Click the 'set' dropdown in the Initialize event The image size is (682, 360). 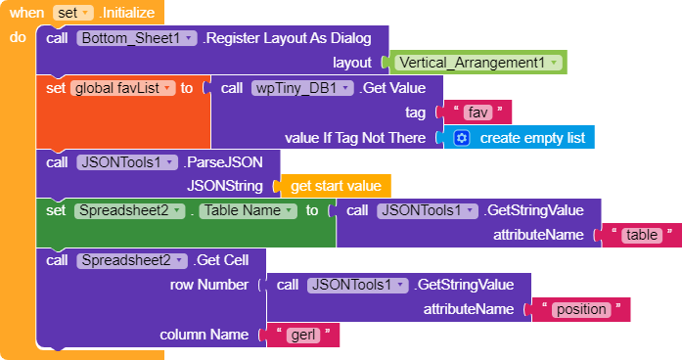click(x=72, y=13)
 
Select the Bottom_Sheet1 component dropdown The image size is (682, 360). click(x=137, y=38)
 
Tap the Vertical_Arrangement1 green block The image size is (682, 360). click(x=477, y=63)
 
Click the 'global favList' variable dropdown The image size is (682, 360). click(x=122, y=88)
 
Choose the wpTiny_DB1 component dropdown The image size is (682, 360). click(x=301, y=88)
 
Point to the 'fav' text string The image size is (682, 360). click(x=477, y=113)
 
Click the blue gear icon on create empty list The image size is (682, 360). click(x=462, y=138)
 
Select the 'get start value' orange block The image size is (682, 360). click(x=336, y=186)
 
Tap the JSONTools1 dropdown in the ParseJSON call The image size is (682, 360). click(x=127, y=162)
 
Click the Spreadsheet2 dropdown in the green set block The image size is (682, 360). click(x=129, y=211)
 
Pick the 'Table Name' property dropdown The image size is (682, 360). click(x=248, y=211)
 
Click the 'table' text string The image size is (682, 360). click(x=642, y=235)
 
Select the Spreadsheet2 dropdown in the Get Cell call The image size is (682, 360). click(x=132, y=260)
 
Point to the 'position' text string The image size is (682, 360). click(x=581, y=309)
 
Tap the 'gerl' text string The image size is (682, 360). click(x=303, y=336)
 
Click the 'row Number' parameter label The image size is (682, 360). click(x=209, y=285)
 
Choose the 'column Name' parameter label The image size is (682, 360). click(x=204, y=335)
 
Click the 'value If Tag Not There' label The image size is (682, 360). click(x=355, y=138)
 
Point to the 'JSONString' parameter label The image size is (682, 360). click(x=225, y=186)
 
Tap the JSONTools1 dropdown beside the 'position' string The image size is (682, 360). click(x=357, y=286)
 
